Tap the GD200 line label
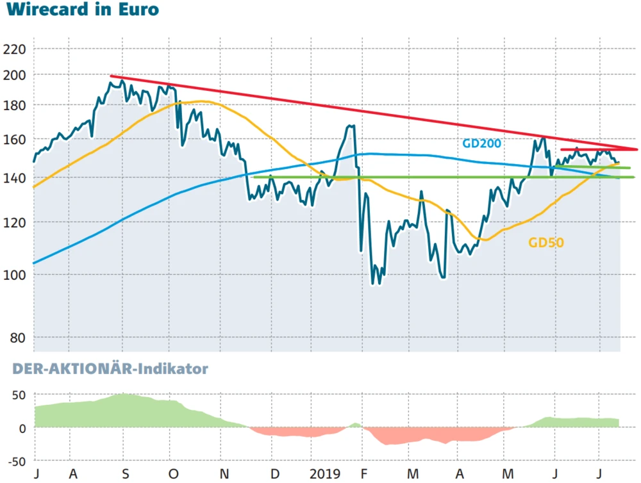[x=481, y=143]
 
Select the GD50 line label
[x=545, y=243]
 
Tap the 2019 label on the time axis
[x=325, y=475]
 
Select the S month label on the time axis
[x=126, y=475]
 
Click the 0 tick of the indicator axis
[x=21, y=428]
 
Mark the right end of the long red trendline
[x=637, y=149]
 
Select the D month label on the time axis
[x=275, y=475]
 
